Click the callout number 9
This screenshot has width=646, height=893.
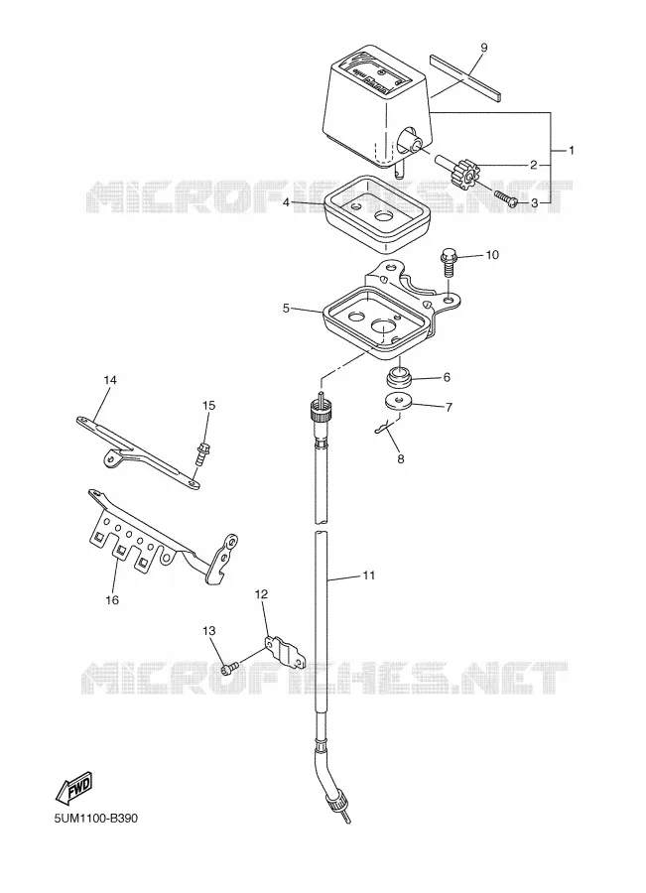coord(483,48)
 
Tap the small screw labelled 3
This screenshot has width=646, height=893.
coord(506,198)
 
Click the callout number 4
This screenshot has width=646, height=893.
coord(287,202)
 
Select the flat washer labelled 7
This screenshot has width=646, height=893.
coord(399,402)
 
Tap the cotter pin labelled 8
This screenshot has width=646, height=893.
coord(387,427)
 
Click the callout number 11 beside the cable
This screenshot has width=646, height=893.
coord(368,575)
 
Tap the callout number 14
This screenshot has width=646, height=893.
coord(110,379)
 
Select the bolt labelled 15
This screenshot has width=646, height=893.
coord(201,451)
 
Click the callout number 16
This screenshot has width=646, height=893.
coord(112,599)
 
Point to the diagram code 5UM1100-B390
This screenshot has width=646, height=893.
coord(95,819)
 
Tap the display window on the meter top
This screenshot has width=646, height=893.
coord(374,75)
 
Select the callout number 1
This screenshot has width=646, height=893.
coord(571,151)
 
